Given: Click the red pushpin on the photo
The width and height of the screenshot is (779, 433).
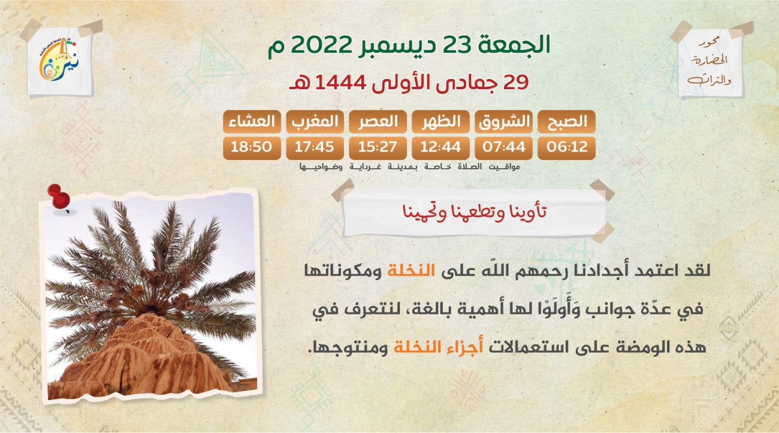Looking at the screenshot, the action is click(x=59, y=197).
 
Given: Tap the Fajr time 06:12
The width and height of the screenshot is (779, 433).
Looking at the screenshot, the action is click(x=566, y=147).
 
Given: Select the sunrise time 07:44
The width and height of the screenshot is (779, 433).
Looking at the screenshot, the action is click(x=503, y=147).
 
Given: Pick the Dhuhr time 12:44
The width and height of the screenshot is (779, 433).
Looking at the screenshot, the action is click(x=440, y=147).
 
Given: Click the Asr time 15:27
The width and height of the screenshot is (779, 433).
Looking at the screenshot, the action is click(x=378, y=147).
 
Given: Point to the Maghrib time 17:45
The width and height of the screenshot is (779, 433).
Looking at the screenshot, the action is click(x=315, y=147).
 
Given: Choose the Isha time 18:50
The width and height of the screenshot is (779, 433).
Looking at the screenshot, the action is click(x=252, y=147).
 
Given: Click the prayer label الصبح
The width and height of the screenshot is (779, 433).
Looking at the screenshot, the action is click(x=566, y=122).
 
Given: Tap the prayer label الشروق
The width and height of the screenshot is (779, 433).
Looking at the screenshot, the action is click(x=503, y=122).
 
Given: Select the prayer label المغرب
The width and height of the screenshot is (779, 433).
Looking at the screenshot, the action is click(x=315, y=122).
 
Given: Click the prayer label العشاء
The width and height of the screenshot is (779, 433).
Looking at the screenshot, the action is click(x=252, y=122).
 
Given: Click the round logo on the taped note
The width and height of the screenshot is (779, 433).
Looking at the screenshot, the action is click(x=59, y=60).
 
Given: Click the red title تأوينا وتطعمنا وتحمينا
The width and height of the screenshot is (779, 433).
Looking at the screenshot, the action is click(x=475, y=211).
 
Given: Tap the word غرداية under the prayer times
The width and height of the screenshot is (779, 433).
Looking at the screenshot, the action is click(x=365, y=167).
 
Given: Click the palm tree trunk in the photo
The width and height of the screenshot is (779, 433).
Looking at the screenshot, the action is click(x=146, y=358).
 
